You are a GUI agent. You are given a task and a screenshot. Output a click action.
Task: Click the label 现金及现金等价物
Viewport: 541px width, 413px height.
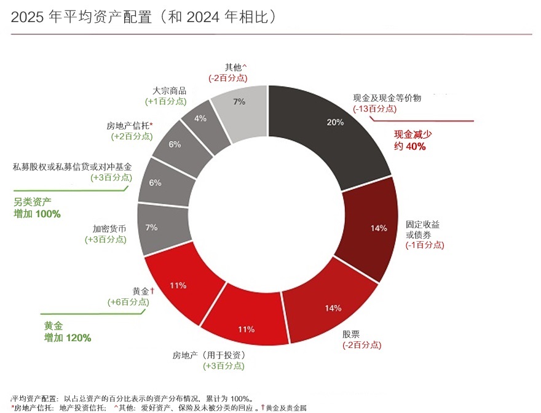(387, 98)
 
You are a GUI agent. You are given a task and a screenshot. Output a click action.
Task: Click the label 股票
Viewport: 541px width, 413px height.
(351, 334)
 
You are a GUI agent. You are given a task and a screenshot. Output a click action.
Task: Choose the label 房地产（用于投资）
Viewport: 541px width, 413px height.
(208, 355)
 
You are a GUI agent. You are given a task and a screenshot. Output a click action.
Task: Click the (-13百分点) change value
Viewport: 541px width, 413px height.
(375, 109)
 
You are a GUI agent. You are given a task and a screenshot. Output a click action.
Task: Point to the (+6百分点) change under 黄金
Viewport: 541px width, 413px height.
(128, 302)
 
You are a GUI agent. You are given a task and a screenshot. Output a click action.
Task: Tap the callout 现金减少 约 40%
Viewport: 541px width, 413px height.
(410, 141)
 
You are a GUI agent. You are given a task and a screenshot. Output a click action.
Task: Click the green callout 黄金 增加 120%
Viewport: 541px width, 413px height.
(67, 332)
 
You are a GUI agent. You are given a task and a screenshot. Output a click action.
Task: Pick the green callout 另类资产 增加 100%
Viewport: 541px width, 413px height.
(37, 209)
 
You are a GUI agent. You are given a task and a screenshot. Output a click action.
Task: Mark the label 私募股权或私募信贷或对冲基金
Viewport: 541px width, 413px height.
(72, 167)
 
